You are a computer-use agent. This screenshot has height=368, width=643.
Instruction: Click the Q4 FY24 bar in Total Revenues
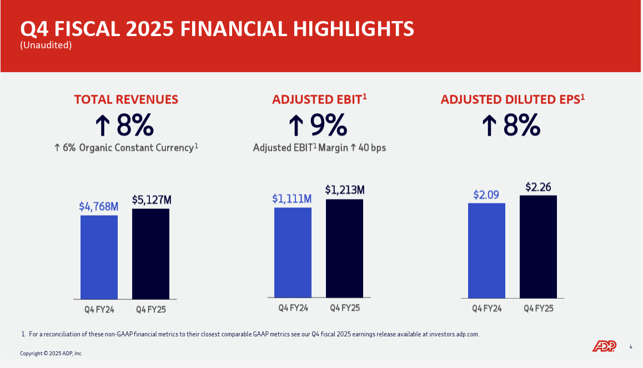pyautogui.click(x=99, y=257)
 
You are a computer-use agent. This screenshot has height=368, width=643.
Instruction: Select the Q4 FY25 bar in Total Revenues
pyautogui.click(x=150, y=253)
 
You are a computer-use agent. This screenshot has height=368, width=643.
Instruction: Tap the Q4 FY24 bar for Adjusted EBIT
pyautogui.click(x=293, y=252)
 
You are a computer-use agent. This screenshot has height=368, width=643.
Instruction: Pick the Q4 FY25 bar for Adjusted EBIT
pyautogui.click(x=344, y=248)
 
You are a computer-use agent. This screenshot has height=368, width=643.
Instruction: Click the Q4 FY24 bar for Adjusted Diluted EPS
pyautogui.click(x=486, y=251)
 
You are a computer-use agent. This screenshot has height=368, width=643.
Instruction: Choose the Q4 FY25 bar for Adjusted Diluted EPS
pyautogui.click(x=538, y=246)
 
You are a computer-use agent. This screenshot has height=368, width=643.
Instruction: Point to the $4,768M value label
pyautogui.click(x=99, y=206)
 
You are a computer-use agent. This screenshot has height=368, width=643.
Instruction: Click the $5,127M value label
pyautogui.click(x=151, y=200)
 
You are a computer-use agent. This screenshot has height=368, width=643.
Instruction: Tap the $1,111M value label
pyautogui.click(x=292, y=198)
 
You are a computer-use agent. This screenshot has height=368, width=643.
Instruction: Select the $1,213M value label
pyautogui.click(x=344, y=190)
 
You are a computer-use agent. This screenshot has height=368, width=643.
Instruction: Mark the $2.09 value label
pyautogui.click(x=486, y=195)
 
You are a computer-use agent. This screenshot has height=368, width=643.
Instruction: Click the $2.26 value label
pyautogui.click(x=538, y=187)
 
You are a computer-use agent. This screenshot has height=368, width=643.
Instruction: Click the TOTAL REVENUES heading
pyautogui.click(x=126, y=99)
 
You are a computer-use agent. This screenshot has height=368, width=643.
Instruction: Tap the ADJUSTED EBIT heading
pyautogui.click(x=319, y=99)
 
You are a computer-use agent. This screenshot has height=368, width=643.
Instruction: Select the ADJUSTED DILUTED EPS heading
pyautogui.click(x=513, y=99)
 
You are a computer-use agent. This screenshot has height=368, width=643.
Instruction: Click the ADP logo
pyautogui.click(x=604, y=346)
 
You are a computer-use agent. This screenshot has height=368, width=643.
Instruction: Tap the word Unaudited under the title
pyautogui.click(x=46, y=45)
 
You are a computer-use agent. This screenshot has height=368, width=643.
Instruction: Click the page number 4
pyautogui.click(x=631, y=347)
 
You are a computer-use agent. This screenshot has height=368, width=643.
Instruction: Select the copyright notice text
pyautogui.click(x=51, y=354)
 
